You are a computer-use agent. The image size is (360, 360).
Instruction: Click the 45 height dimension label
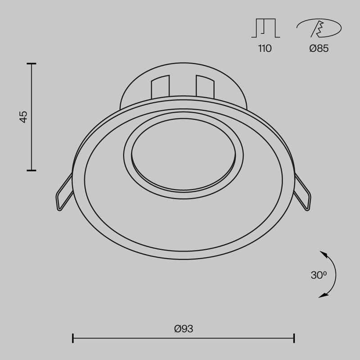click(x=23, y=117)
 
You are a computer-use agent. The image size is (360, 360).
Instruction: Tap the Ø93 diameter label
click(x=183, y=328)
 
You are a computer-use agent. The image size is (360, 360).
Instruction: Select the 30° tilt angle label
click(x=318, y=275)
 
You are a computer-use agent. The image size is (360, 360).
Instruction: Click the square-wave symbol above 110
click(x=265, y=28)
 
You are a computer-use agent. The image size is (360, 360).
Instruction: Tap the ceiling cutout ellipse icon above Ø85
click(x=319, y=29)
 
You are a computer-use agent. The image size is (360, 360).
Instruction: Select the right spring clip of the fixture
click(x=302, y=193)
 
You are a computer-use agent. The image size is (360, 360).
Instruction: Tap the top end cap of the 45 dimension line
click(x=31, y=64)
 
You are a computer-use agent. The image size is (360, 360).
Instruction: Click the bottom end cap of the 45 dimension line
click(x=31, y=170)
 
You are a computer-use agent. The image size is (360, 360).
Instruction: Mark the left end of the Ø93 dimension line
click(x=73, y=337)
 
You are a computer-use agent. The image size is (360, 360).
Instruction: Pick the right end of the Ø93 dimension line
click(x=294, y=337)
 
